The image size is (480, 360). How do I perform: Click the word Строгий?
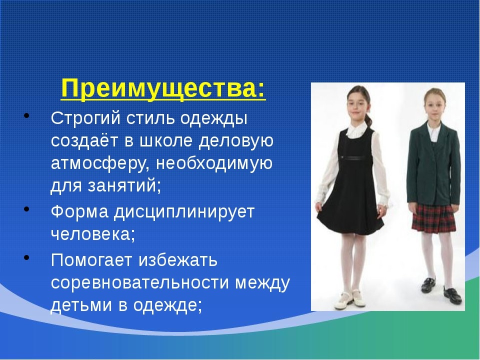(x=85, y=118)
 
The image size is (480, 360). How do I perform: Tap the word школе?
(x=166, y=140)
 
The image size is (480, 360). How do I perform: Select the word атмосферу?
(x=100, y=163)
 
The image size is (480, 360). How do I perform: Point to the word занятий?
(x=124, y=186)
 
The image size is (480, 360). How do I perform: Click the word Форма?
(x=79, y=211)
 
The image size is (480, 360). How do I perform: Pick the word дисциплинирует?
(x=184, y=212)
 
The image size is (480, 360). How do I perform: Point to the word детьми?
(x=81, y=304)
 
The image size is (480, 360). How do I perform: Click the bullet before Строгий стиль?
(x=26, y=115)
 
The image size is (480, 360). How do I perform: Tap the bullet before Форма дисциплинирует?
(x=26, y=209)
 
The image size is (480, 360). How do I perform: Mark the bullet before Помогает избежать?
(x=26, y=257)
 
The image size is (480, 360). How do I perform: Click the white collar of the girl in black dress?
(x=357, y=130)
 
